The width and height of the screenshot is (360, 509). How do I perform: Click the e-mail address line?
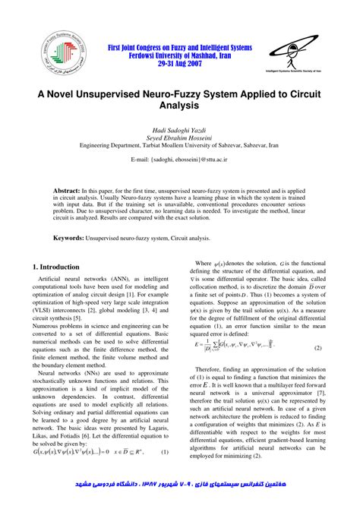[180, 160]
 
